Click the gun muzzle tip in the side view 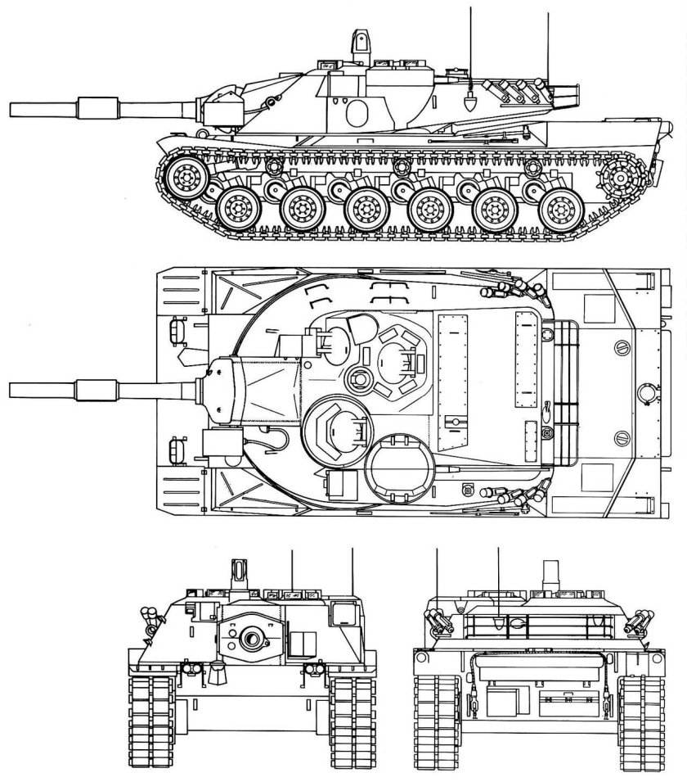click(11, 110)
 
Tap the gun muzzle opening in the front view click(253, 637)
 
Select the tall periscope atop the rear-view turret click(549, 572)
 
